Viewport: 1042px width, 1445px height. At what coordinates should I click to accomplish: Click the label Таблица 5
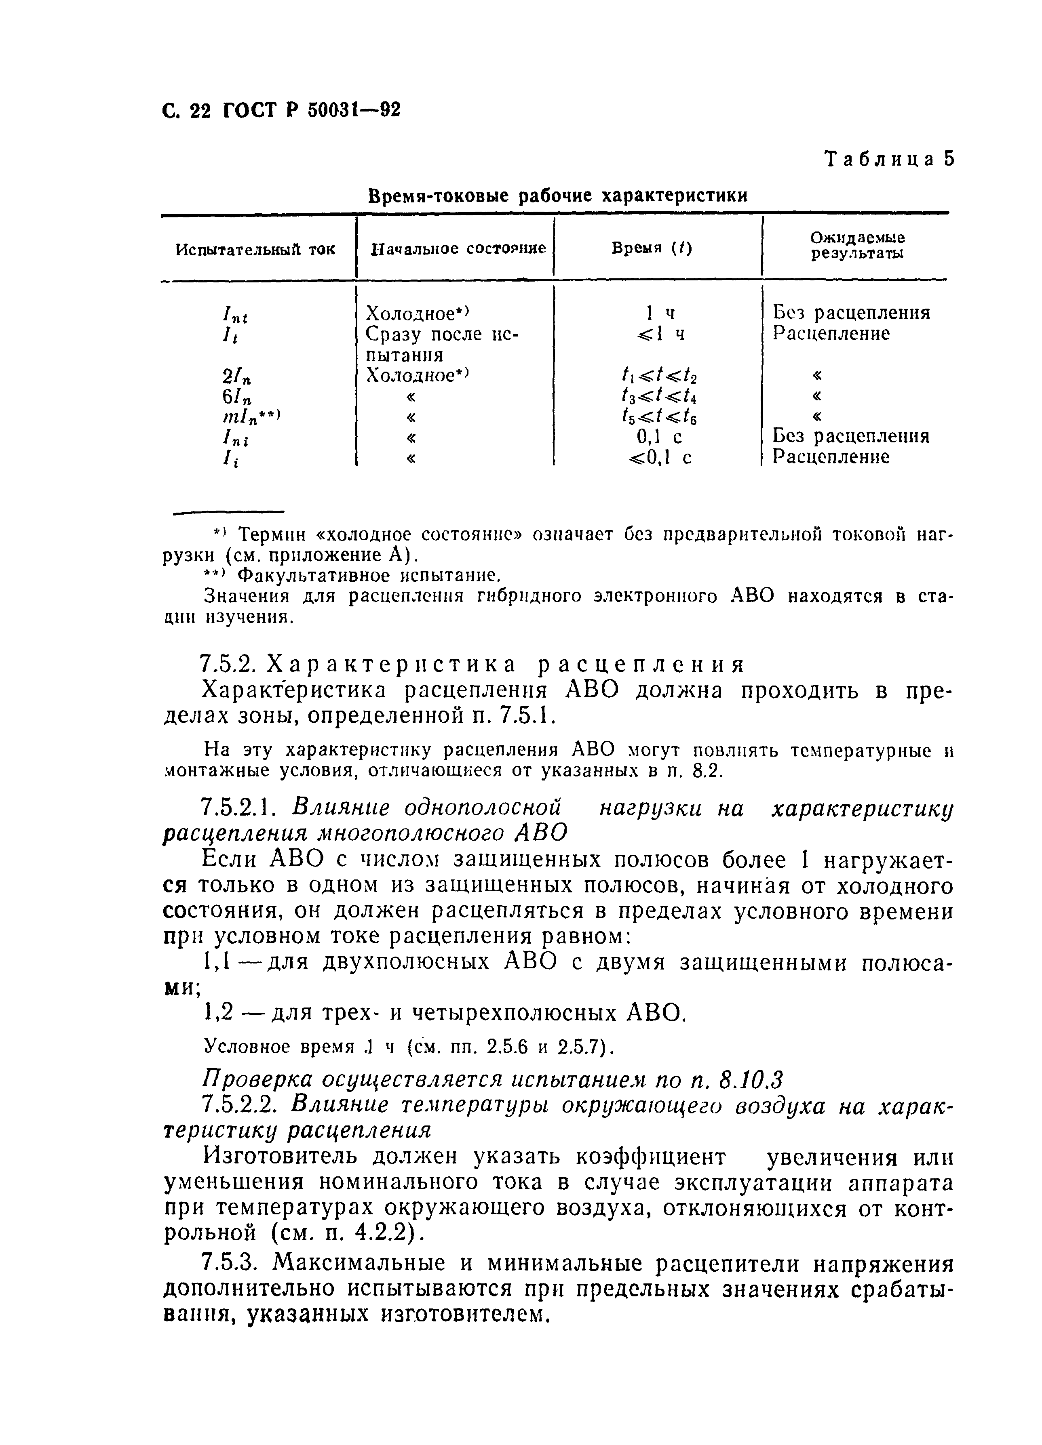point(890,159)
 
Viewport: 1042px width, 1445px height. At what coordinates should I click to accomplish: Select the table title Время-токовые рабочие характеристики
point(558,196)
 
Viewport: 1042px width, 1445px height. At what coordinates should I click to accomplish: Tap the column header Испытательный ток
point(255,249)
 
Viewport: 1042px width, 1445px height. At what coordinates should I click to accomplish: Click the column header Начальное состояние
point(458,248)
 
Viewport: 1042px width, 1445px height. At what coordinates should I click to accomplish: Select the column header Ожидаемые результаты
point(857,246)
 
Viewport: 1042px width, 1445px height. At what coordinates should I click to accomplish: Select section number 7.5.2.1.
point(237,808)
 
